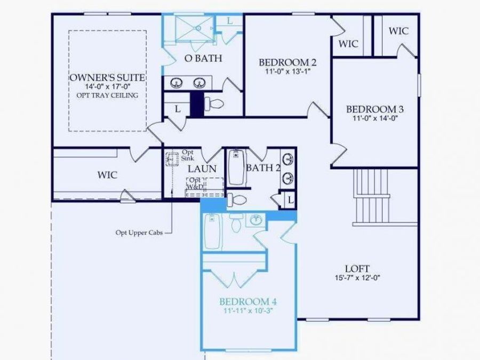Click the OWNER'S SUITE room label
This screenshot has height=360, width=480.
[x=107, y=77]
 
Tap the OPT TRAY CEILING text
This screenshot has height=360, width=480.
[x=107, y=95]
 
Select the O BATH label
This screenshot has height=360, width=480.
[x=203, y=58]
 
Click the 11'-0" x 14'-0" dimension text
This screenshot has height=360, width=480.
[x=375, y=118]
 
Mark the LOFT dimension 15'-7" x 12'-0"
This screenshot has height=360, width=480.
[x=357, y=277]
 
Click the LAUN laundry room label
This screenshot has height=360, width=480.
[x=202, y=169]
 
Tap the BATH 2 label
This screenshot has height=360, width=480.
[x=263, y=168]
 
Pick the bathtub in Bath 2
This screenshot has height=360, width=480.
[x=236, y=167]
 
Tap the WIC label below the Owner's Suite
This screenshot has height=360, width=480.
[x=107, y=174]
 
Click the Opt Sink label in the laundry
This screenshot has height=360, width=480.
[x=188, y=155]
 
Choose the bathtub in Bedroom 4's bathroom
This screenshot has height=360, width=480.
[x=212, y=231]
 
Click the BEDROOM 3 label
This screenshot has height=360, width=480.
[x=375, y=109]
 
